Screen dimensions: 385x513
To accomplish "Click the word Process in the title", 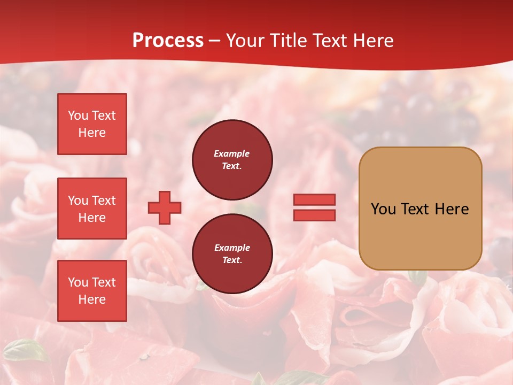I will [168, 40].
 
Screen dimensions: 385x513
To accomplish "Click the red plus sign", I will [165, 207].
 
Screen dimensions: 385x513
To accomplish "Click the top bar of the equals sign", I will [314, 199].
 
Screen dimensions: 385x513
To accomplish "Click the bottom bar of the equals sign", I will [314, 215].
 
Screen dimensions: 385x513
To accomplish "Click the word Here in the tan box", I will [452, 209].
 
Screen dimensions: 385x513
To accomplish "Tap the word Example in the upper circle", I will [232, 153].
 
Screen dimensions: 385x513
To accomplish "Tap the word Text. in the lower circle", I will [232, 260].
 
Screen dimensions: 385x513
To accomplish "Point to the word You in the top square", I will [78, 115].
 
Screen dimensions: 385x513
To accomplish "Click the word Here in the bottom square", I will [92, 299].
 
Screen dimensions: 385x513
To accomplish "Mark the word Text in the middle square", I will [104, 201].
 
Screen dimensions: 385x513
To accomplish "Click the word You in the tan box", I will [383, 209].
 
